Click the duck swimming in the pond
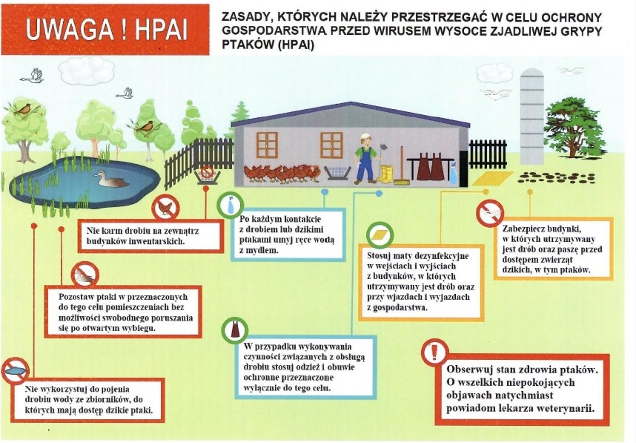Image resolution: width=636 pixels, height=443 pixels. pyautogui.click(x=110, y=179)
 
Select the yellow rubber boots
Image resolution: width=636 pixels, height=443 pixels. pyautogui.click(x=385, y=174)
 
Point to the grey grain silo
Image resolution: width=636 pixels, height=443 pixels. pyautogui.click(x=531, y=116)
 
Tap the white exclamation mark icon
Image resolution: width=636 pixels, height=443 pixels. pyautogui.click(x=434, y=352)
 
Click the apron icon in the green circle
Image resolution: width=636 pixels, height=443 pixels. pyautogui.click(x=234, y=330)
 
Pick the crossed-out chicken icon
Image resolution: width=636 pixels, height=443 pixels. pyautogui.click(x=165, y=208)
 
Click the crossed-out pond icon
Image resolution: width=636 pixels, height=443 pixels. pyautogui.click(x=16, y=370)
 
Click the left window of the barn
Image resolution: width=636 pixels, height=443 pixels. pyautogui.click(x=267, y=145)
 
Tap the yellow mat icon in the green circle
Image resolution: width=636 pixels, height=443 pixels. pyautogui.click(x=380, y=235)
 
